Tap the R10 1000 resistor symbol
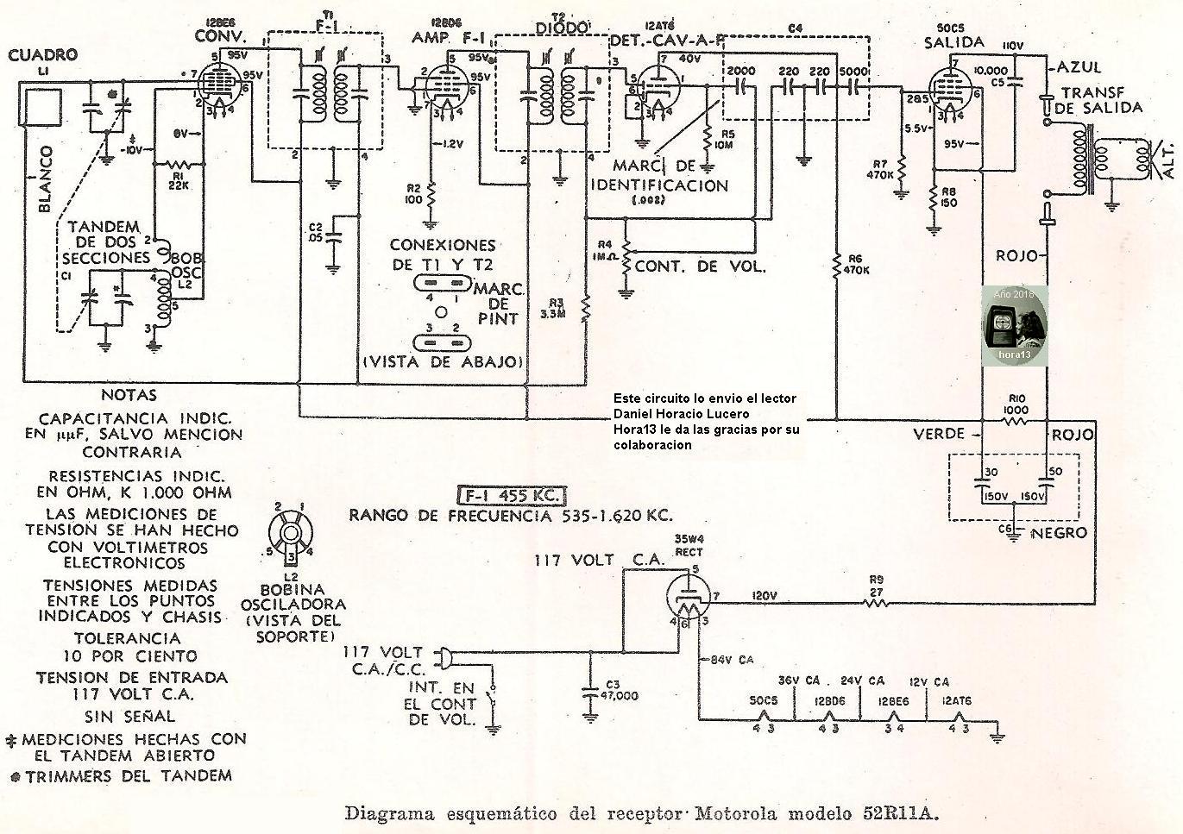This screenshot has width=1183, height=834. pos(1016,422)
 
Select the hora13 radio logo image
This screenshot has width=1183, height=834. pos(1014,323)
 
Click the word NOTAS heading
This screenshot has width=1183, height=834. pos(129,395)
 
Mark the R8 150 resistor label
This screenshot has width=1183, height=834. pos(948,198)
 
